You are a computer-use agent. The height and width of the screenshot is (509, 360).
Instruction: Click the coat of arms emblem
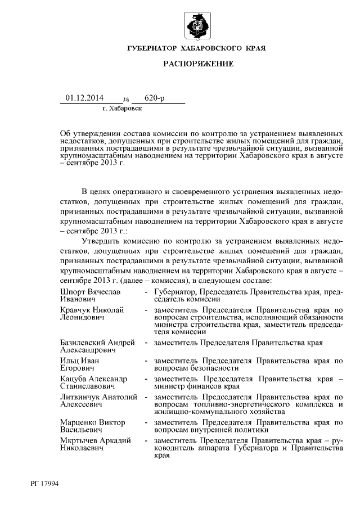point(196,25)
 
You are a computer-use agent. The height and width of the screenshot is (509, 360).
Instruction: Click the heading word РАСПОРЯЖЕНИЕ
point(198,65)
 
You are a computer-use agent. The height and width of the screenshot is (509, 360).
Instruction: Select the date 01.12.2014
point(84,98)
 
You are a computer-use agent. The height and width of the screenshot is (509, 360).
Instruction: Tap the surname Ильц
point(69,360)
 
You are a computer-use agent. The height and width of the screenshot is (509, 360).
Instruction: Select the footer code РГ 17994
point(48,483)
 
